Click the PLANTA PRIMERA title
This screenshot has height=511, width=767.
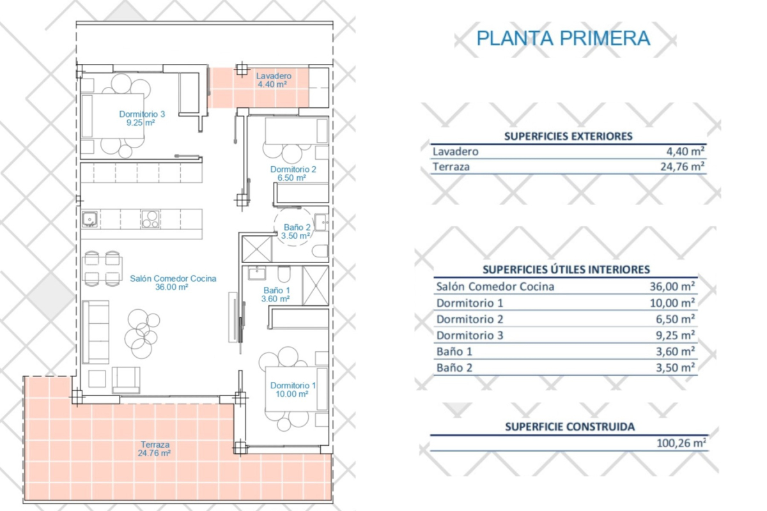click(563, 38)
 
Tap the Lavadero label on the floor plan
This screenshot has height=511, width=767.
click(274, 76)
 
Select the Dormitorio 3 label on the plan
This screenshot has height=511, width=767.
click(142, 114)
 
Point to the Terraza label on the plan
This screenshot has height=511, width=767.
click(155, 445)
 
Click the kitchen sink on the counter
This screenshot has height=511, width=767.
click(89, 219)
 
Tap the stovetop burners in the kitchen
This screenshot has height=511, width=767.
click(150, 219)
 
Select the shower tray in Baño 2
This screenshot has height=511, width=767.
click(257, 249)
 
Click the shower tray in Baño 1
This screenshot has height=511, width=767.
click(315, 286)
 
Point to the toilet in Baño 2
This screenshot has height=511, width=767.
click(320, 251)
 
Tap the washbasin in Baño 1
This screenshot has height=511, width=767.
click(257, 273)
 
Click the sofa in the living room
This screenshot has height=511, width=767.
click(96, 332)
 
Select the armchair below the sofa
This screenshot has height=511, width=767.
click(126, 380)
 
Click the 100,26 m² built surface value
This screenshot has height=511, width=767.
click(681, 443)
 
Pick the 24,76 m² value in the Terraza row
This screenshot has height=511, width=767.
click(682, 167)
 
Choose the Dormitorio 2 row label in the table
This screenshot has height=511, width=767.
click(470, 319)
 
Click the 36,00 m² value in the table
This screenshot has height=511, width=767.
click(672, 286)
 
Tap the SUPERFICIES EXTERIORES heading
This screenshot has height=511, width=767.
click(568, 136)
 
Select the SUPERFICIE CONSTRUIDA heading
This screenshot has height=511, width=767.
click(569, 427)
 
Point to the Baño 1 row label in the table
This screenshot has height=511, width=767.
click(454, 351)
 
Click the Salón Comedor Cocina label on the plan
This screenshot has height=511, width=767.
click(173, 278)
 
